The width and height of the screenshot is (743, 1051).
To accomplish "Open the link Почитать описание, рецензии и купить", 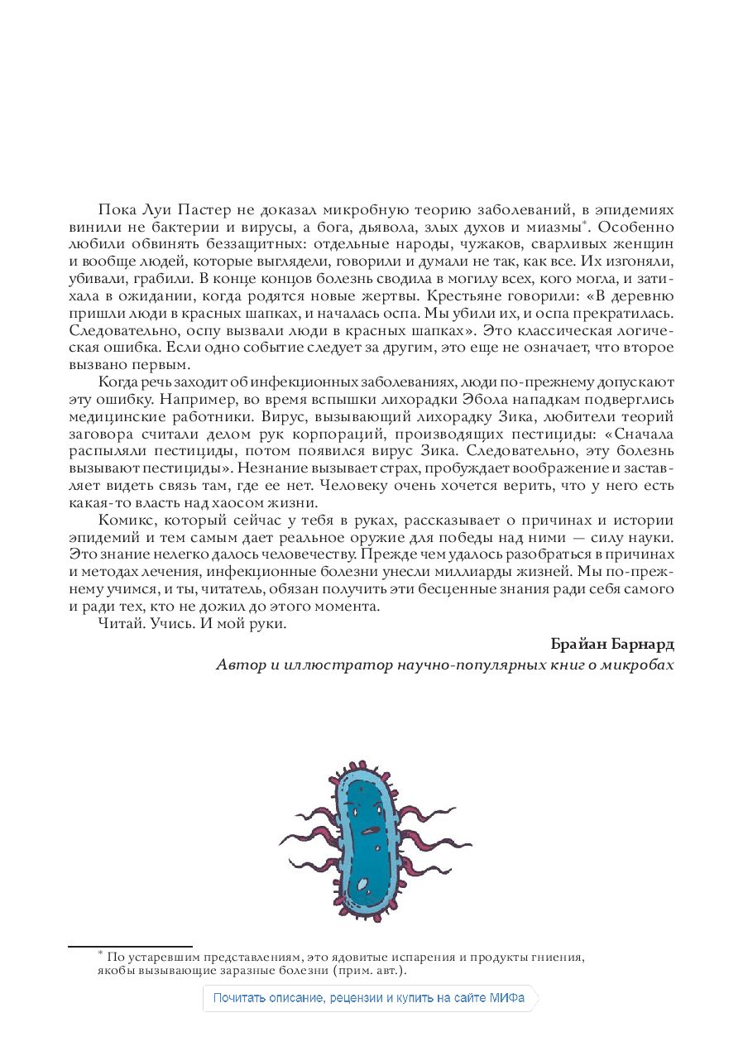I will click(x=369, y=998).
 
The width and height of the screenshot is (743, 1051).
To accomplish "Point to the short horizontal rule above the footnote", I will click(x=130, y=946).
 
